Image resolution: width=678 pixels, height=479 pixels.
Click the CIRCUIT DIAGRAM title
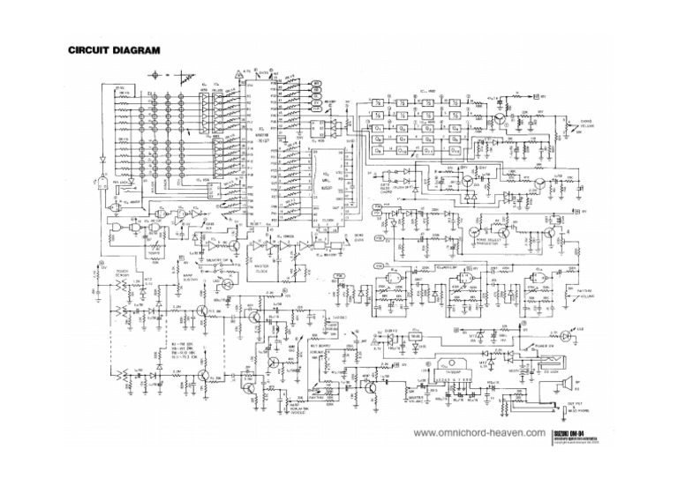[115, 51]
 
